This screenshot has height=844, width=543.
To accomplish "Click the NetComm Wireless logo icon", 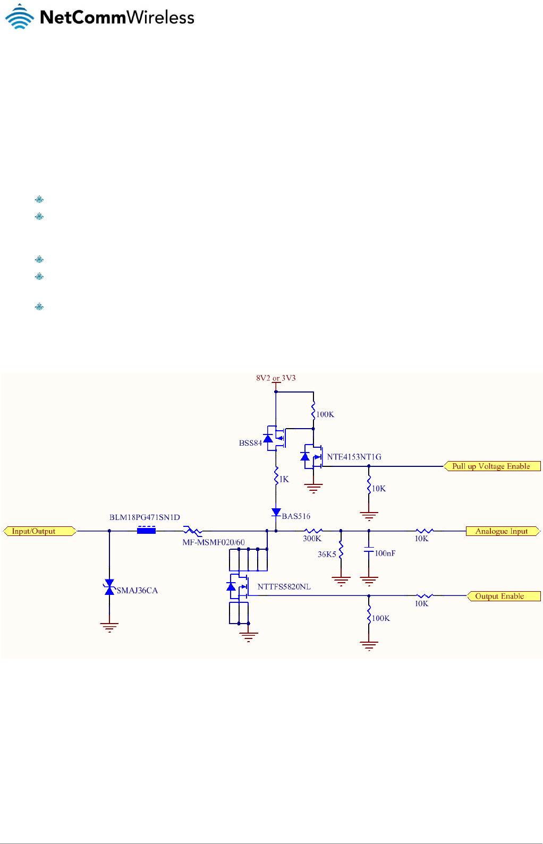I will coord(20,16).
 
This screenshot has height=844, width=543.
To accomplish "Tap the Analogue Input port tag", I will coord(502,531).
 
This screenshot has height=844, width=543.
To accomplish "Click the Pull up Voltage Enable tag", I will coord(491,466).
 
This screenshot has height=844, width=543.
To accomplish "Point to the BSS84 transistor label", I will coord(250,443).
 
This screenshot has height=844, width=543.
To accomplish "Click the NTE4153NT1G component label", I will coord(354,457).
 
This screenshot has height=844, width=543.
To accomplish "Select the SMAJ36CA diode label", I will coord(137,591).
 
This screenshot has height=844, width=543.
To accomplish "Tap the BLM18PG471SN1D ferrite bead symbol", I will coord(146,530).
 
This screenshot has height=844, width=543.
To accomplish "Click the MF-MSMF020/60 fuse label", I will coord(214,542).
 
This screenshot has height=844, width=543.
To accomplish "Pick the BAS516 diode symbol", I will coord(276,513).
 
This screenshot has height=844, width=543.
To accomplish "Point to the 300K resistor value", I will coord(312,539).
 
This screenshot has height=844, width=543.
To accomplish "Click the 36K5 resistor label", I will coord(327,554).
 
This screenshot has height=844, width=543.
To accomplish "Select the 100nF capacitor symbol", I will coord(369,552).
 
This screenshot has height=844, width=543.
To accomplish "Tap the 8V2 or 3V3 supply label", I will coord(276,378).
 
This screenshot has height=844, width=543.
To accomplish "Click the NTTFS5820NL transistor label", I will coord(284,587).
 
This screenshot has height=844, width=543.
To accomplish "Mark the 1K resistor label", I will coord(284,479).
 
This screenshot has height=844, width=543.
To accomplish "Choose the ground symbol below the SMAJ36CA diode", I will coord(109,627).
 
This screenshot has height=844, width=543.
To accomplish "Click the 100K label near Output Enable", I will coord(381,618).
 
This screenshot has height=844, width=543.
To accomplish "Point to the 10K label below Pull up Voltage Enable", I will coord(379,489).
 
